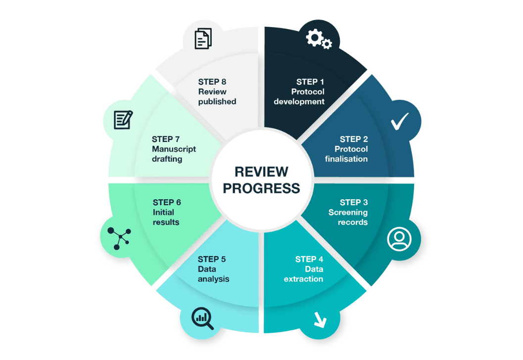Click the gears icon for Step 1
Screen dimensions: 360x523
pos(319,39)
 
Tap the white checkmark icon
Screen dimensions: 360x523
pos(399,121)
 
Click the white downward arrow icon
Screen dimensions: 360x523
pos(320,321)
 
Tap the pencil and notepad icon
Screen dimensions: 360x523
pos(123,120)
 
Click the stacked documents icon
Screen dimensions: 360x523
pos(203,39)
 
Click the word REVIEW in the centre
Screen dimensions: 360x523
pos(261,172)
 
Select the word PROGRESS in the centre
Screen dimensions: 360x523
pos(261,188)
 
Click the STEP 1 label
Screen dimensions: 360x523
pos(310,82)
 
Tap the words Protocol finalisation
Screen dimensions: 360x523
pos(347,154)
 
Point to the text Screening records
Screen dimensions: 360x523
pos(348,218)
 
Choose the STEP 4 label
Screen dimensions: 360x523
pos(309,259)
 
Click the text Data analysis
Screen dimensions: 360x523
pos(213,274)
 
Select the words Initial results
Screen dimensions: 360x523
pos(166,218)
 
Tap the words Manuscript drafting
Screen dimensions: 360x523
pos(174,154)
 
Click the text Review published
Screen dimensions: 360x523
pos(217,97)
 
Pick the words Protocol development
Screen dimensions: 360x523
pos(300,97)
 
